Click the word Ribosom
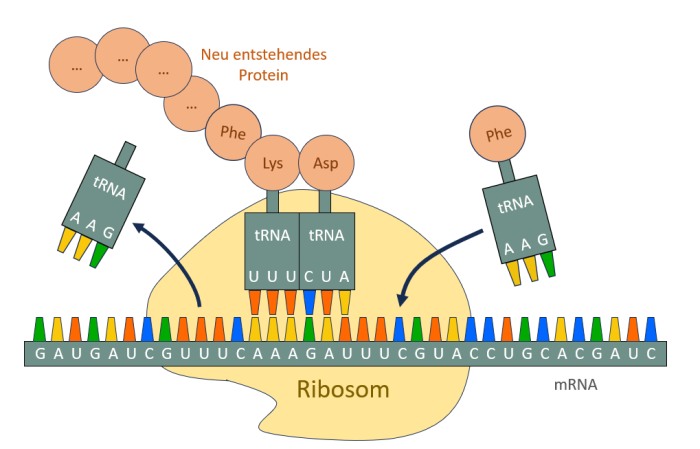tap(342, 389)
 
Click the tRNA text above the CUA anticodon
tap(326, 236)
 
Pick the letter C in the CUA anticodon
tap(309, 275)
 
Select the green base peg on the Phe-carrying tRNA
tap(548, 262)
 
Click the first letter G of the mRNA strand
tap(40, 354)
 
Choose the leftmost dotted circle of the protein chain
tap(77, 65)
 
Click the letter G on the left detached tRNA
tap(109, 232)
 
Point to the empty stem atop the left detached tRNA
tap(126, 155)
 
